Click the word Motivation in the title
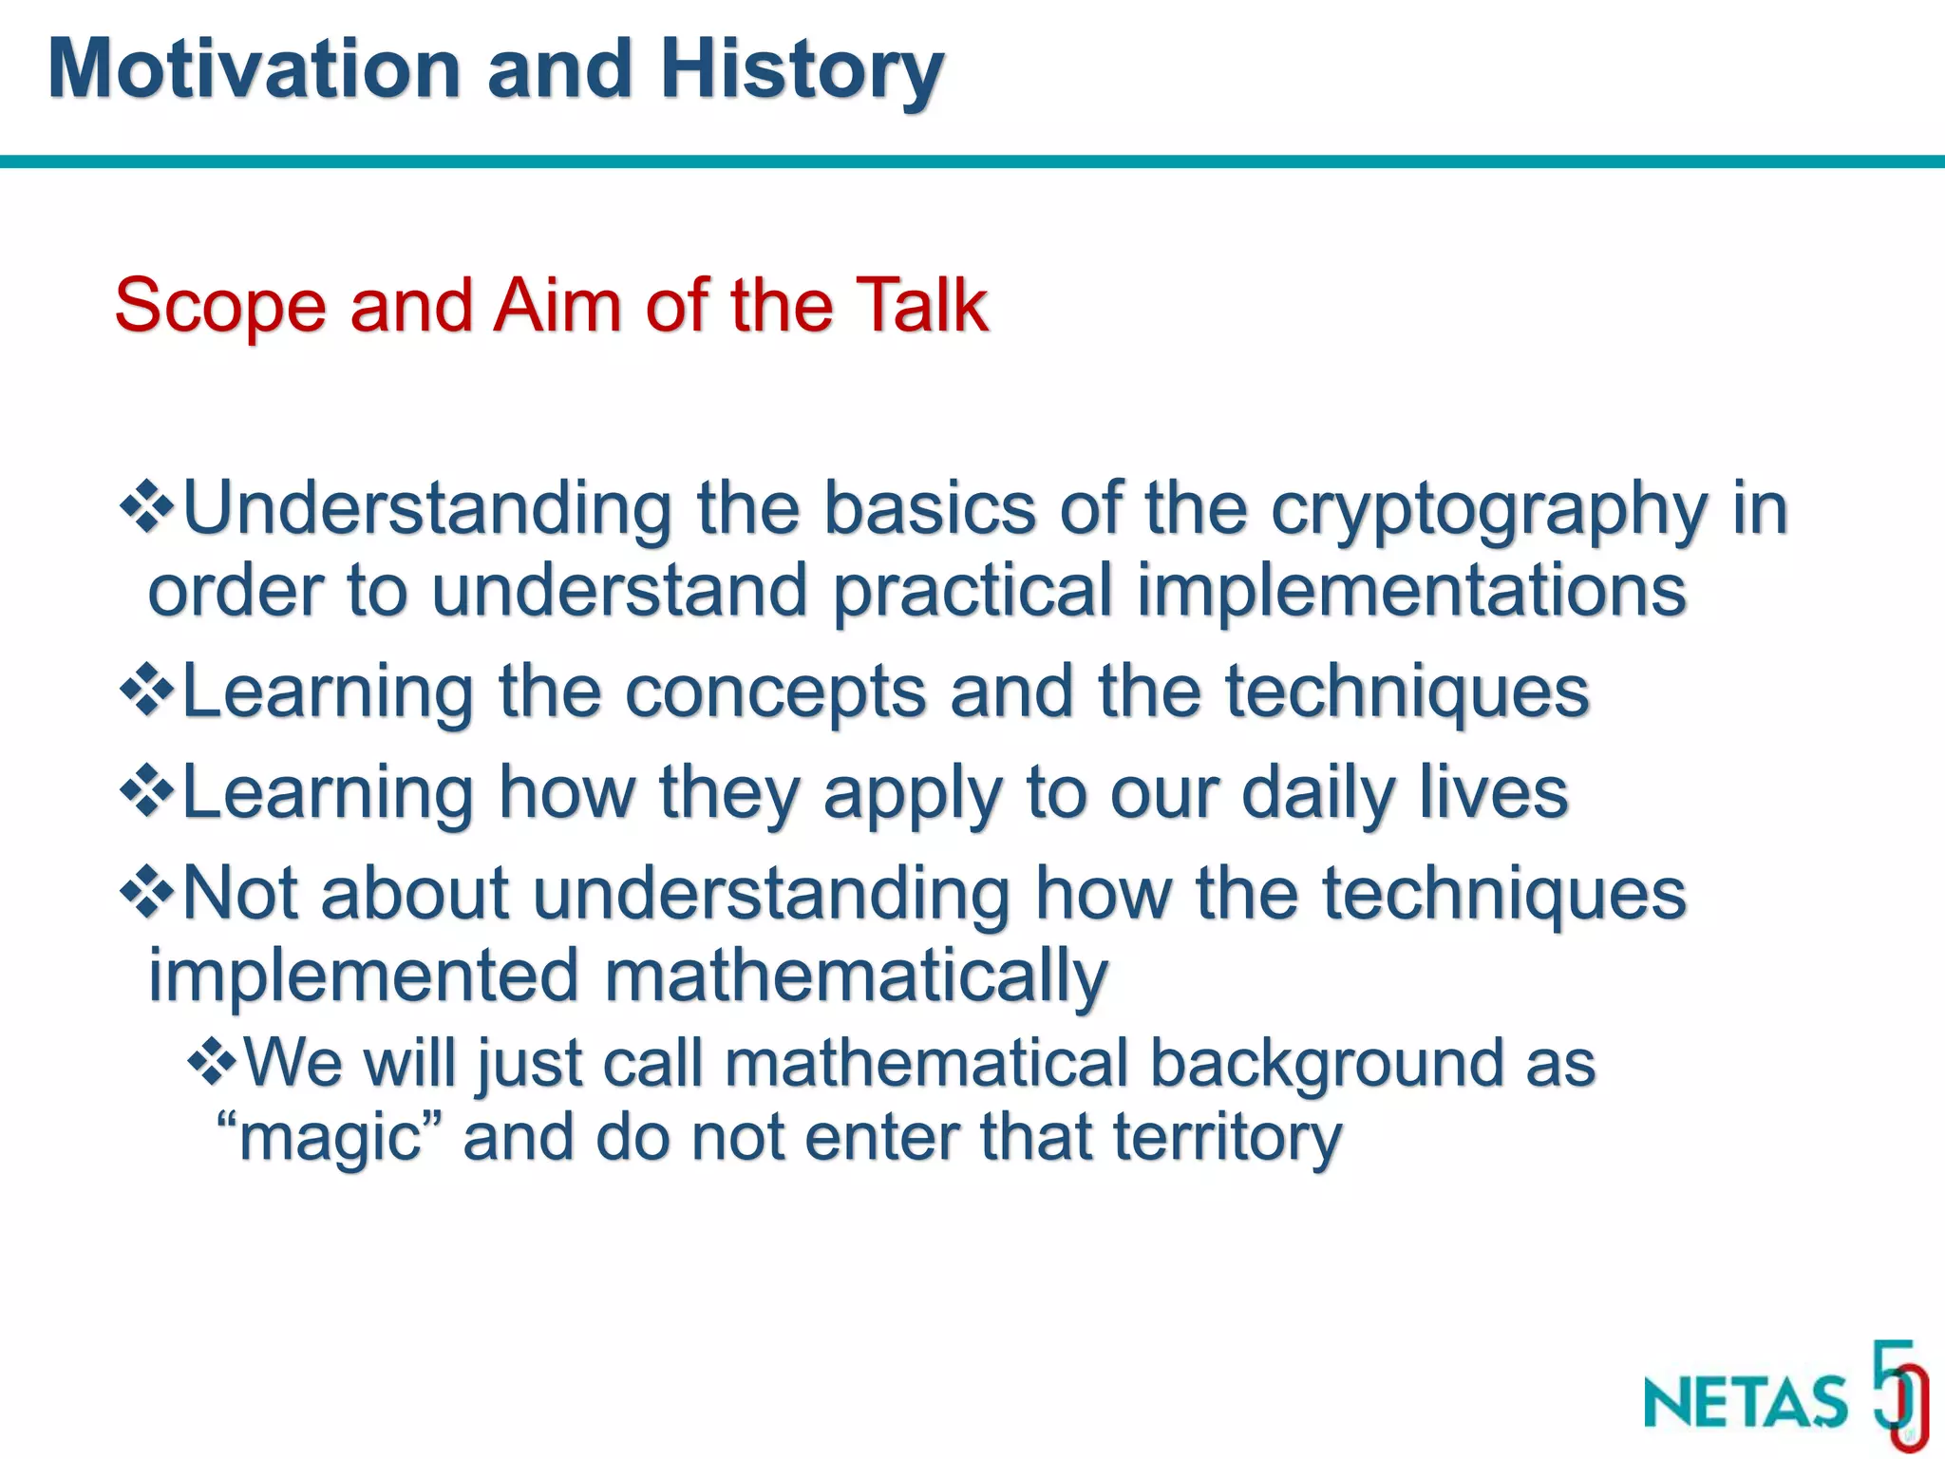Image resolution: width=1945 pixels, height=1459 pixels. [254, 68]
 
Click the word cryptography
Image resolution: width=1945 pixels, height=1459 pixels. [1488, 511]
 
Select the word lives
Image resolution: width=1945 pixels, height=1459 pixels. [1493, 793]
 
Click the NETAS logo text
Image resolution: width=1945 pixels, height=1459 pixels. [1745, 1402]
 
